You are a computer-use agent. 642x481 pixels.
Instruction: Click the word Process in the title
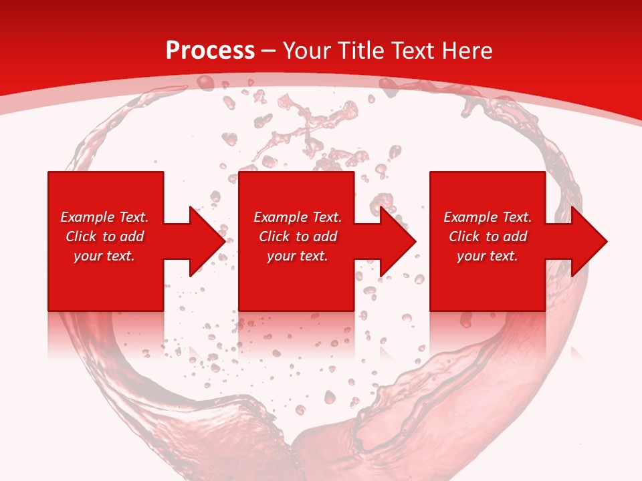210,51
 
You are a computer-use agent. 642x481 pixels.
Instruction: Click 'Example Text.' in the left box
104,217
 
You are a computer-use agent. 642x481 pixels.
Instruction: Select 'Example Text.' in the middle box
298,217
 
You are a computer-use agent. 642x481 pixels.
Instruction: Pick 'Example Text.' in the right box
488,217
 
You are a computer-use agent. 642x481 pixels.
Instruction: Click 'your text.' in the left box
104,256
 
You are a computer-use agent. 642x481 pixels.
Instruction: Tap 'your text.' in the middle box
298,256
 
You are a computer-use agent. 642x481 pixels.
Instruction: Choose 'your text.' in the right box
488,256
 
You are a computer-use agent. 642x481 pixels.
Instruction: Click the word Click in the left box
81,236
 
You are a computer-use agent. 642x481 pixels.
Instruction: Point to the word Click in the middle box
274,236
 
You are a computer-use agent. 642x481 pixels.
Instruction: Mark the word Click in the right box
464,236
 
